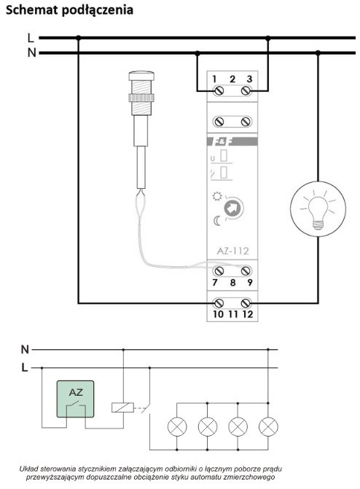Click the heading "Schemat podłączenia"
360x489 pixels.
click(x=69, y=10)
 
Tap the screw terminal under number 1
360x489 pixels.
click(x=219, y=91)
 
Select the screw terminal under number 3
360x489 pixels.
click(x=246, y=91)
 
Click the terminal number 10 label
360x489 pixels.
click(x=218, y=314)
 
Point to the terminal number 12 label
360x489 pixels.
click(x=247, y=314)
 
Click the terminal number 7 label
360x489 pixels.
click(x=215, y=283)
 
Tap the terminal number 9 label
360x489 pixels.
click(x=249, y=283)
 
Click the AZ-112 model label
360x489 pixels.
click(x=232, y=251)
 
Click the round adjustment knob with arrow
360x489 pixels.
click(x=233, y=208)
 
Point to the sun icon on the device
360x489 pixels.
click(x=217, y=197)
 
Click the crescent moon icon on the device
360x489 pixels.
click(x=217, y=221)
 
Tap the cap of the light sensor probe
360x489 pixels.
click(x=141, y=76)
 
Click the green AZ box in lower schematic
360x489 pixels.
click(x=75, y=399)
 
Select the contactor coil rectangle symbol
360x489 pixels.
click(x=122, y=407)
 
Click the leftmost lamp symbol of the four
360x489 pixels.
click(x=177, y=426)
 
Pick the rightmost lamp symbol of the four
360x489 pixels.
click(x=268, y=426)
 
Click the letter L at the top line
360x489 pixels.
click(x=31, y=38)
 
